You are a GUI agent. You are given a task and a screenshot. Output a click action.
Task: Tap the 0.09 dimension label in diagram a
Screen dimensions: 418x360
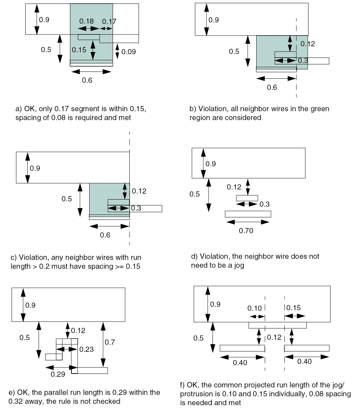click(x=129, y=52)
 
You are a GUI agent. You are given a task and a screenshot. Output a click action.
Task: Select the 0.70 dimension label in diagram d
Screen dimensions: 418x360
click(x=246, y=231)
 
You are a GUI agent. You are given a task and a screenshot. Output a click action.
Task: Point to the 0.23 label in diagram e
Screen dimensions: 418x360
click(x=87, y=349)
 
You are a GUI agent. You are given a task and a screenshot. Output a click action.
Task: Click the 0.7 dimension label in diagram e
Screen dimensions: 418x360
click(x=109, y=342)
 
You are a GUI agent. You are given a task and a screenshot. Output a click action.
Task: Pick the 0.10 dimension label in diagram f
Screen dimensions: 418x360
click(x=254, y=308)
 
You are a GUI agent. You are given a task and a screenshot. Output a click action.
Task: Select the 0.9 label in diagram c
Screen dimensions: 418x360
click(x=35, y=168)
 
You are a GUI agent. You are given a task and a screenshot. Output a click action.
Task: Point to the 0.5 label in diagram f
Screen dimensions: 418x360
click(x=198, y=338)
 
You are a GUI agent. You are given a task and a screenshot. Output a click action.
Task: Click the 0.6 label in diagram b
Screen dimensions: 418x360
click(x=272, y=87)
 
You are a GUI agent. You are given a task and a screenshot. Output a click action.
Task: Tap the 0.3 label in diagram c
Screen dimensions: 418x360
click(x=136, y=208)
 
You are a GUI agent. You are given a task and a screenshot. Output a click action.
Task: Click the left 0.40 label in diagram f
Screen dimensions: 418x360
click(x=240, y=363)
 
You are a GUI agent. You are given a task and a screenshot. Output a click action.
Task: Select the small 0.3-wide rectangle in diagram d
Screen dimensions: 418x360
click(x=247, y=198)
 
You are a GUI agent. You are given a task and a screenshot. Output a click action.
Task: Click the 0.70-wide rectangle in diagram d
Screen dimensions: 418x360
click(x=248, y=214)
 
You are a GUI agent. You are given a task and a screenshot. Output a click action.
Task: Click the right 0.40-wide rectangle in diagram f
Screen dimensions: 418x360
click(x=307, y=348)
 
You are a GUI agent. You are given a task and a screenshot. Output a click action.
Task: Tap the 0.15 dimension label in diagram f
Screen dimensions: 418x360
click(x=293, y=307)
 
